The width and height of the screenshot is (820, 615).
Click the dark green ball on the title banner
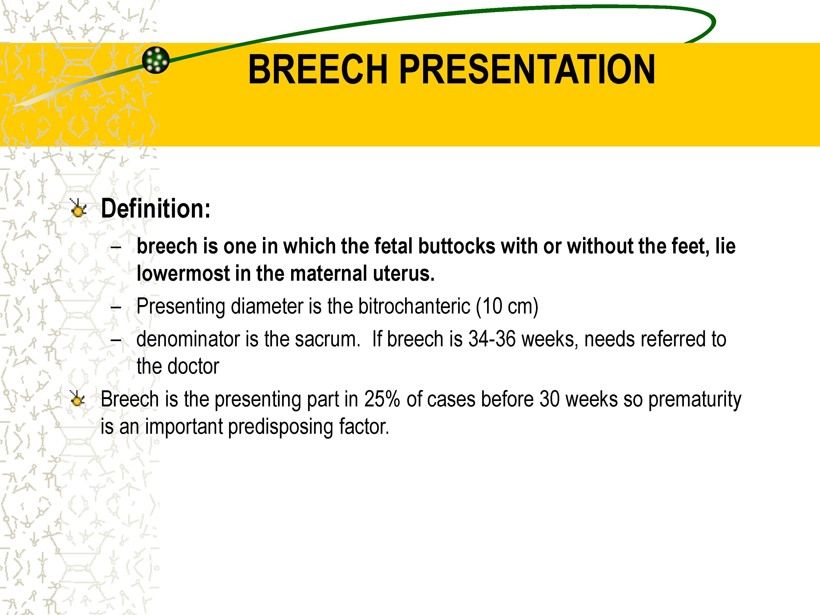point(156,60)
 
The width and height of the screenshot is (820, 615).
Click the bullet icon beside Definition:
point(78,208)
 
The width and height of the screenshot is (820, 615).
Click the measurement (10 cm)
point(507,307)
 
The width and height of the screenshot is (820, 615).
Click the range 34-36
point(492,339)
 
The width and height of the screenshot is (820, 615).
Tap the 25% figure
point(382,399)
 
